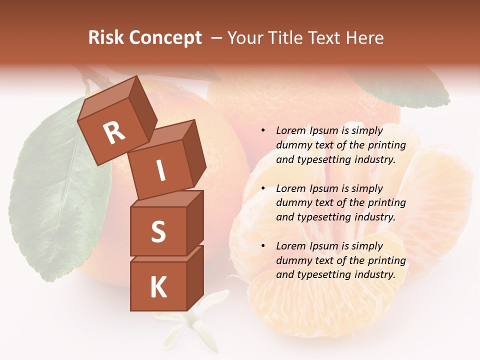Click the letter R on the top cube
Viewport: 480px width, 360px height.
[x=114, y=132]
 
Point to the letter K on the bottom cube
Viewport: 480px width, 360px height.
[x=158, y=287]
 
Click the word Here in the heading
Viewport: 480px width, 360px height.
[x=365, y=38]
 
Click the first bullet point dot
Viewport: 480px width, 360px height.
[x=263, y=131]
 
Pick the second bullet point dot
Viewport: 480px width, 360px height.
[x=263, y=188]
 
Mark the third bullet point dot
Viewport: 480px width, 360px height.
[x=263, y=246]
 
